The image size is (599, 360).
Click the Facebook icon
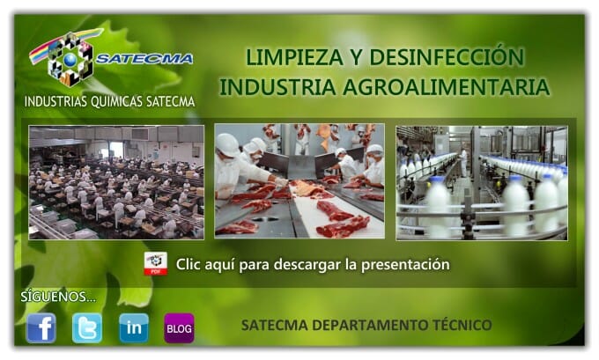point(41,328)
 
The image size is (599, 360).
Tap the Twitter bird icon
point(87,328)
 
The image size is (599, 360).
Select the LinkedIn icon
point(133,328)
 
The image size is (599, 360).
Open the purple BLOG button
point(179,328)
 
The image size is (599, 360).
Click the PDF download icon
point(156,263)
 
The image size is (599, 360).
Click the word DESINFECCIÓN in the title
point(447,57)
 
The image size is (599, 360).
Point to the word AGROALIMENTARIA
point(446,86)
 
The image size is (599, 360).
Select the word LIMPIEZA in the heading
point(294,57)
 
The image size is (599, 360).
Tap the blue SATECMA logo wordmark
point(144,59)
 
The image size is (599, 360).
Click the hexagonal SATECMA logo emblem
point(70,59)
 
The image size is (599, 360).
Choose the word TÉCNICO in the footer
point(462,326)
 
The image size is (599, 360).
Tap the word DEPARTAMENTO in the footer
point(370,326)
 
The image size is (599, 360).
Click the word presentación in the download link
point(405,265)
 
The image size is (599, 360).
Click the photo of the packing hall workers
point(116,182)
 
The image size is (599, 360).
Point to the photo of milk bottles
point(482,183)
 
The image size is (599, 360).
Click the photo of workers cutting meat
point(299,181)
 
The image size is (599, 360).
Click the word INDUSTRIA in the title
point(277,86)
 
